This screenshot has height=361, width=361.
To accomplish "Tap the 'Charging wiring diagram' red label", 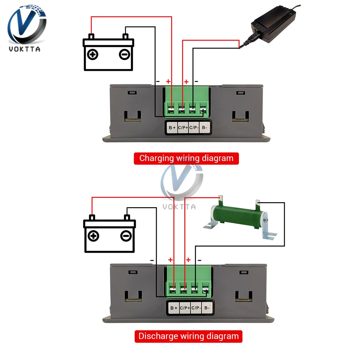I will (186, 158).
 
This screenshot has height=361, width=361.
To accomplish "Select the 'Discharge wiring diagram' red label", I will (189, 336).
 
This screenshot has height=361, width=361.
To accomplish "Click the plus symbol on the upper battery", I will (93, 55).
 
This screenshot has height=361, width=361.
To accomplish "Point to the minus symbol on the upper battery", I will (124, 55).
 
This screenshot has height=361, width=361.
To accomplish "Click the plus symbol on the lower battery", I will (94, 236).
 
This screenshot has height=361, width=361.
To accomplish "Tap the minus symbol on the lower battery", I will (125, 236).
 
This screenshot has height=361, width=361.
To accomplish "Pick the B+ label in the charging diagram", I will (172, 127).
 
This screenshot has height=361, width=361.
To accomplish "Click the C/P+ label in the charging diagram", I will (183, 127).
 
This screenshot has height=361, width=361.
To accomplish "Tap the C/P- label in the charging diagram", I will (194, 127).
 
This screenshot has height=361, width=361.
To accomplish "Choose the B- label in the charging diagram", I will (205, 127).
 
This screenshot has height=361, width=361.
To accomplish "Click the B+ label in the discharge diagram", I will (174, 308).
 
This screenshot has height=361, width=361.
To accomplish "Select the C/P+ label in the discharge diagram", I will (185, 308).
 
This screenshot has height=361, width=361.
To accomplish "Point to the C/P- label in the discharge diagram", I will (196, 308).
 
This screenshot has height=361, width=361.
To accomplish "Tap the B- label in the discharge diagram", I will (206, 308).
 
